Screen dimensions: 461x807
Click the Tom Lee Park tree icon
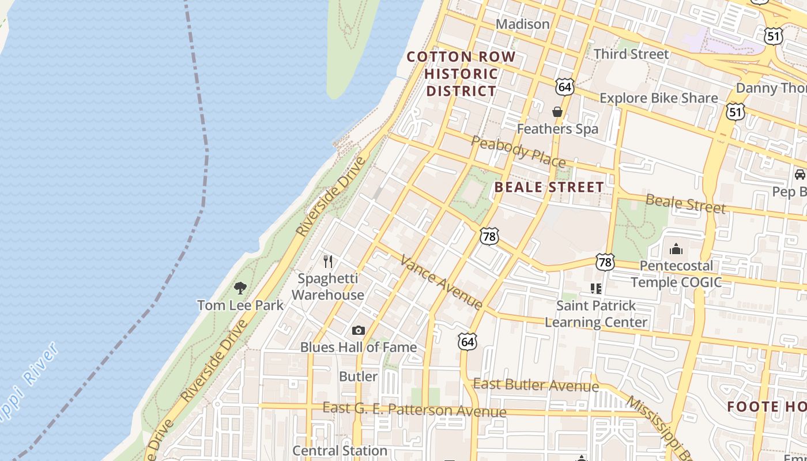pyautogui.click(x=240, y=288)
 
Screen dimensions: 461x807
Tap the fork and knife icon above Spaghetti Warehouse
pyautogui.click(x=328, y=262)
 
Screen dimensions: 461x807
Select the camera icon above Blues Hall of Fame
pyautogui.click(x=359, y=330)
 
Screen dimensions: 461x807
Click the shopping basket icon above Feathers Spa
pyautogui.click(x=557, y=112)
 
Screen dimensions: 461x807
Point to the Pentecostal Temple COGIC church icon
pyautogui.click(x=676, y=249)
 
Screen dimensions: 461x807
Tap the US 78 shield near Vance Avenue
pyautogui.click(x=489, y=236)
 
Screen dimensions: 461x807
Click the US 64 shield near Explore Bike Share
pyautogui.click(x=565, y=87)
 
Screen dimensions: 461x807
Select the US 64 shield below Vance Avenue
pyautogui.click(x=467, y=341)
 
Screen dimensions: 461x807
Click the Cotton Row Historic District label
pyautogui.click(x=461, y=74)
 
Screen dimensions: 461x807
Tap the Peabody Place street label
pyautogui.click(x=518, y=151)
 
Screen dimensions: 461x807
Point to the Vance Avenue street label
pyautogui.click(x=442, y=282)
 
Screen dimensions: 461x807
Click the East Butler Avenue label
pyautogui.click(x=536, y=385)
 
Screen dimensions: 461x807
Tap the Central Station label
pyautogui.click(x=340, y=450)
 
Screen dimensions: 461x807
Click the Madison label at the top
pyautogui.click(x=523, y=24)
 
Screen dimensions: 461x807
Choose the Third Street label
pyautogui.click(x=631, y=54)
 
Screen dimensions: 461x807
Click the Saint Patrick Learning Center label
pyautogui.click(x=596, y=313)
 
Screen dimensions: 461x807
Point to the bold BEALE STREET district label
pyautogui.click(x=549, y=187)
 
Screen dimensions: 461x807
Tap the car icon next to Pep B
pyautogui.click(x=800, y=175)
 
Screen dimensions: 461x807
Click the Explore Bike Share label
pyautogui.click(x=658, y=98)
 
